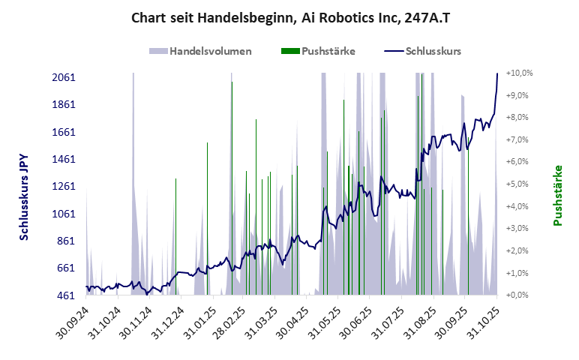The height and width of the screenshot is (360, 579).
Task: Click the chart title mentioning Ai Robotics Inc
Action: (289, 17)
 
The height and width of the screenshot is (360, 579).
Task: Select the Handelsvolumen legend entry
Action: (200, 52)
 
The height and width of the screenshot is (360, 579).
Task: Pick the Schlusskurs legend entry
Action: (423, 52)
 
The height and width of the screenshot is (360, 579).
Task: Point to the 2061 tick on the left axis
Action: (63, 78)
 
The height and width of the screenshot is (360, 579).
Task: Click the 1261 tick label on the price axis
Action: (63, 187)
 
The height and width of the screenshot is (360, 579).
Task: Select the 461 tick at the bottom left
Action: (66, 295)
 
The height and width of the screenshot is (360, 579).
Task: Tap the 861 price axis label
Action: (66, 241)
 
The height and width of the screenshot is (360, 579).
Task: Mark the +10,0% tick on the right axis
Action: (519, 73)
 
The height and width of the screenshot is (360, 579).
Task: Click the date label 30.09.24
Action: (73, 320)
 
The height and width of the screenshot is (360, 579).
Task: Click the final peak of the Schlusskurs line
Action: (497, 74)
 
